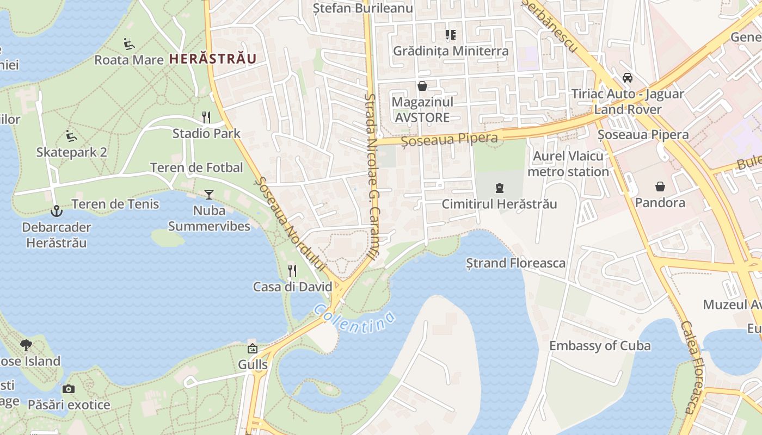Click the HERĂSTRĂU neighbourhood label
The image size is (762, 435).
tap(213, 59)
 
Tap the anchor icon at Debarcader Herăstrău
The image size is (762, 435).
tap(56, 211)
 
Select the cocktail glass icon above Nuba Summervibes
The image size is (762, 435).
tap(209, 194)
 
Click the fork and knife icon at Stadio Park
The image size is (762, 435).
tap(206, 117)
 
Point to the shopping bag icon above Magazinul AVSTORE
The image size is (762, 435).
tap(422, 86)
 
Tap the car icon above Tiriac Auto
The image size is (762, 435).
tap(628, 78)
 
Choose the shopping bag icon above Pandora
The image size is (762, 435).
tap(660, 187)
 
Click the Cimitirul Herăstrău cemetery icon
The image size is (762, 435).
tap(499, 189)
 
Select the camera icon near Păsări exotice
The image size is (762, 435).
tap(69, 389)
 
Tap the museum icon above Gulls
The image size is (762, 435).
tap(253, 349)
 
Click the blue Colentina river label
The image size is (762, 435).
tap(354, 318)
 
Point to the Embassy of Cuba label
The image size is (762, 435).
tap(600, 346)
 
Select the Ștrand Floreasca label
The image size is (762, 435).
tap(516, 264)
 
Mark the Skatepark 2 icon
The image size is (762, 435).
tap(71, 135)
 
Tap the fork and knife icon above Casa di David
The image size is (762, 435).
tap(292, 270)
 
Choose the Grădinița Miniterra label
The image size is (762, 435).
tap(451, 51)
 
